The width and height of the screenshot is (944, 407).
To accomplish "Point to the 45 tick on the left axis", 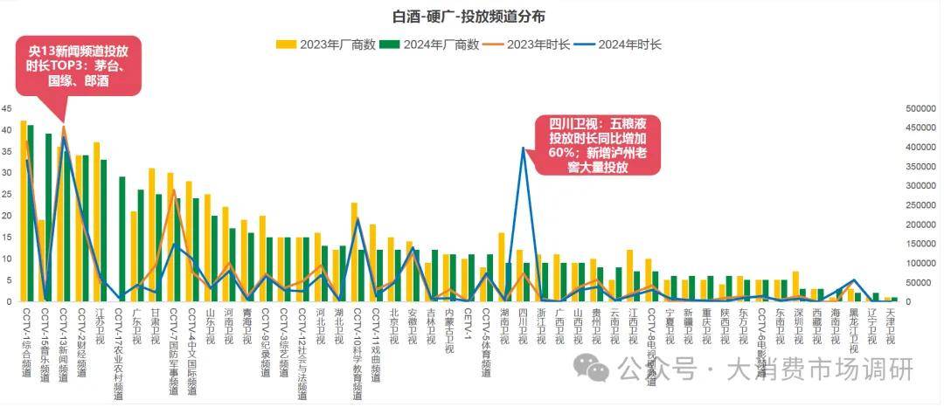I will (x=7, y=109).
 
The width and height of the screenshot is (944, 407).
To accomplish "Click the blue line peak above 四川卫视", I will (x=524, y=148).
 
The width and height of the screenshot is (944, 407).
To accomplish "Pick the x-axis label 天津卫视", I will (x=890, y=328).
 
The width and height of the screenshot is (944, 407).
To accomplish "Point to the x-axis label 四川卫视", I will (x=524, y=328).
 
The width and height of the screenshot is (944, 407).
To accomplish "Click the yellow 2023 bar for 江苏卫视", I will (x=96, y=222).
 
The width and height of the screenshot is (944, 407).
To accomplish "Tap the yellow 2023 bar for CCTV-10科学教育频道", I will (x=354, y=252).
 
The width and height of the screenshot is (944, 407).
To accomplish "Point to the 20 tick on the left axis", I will (x=7, y=217).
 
